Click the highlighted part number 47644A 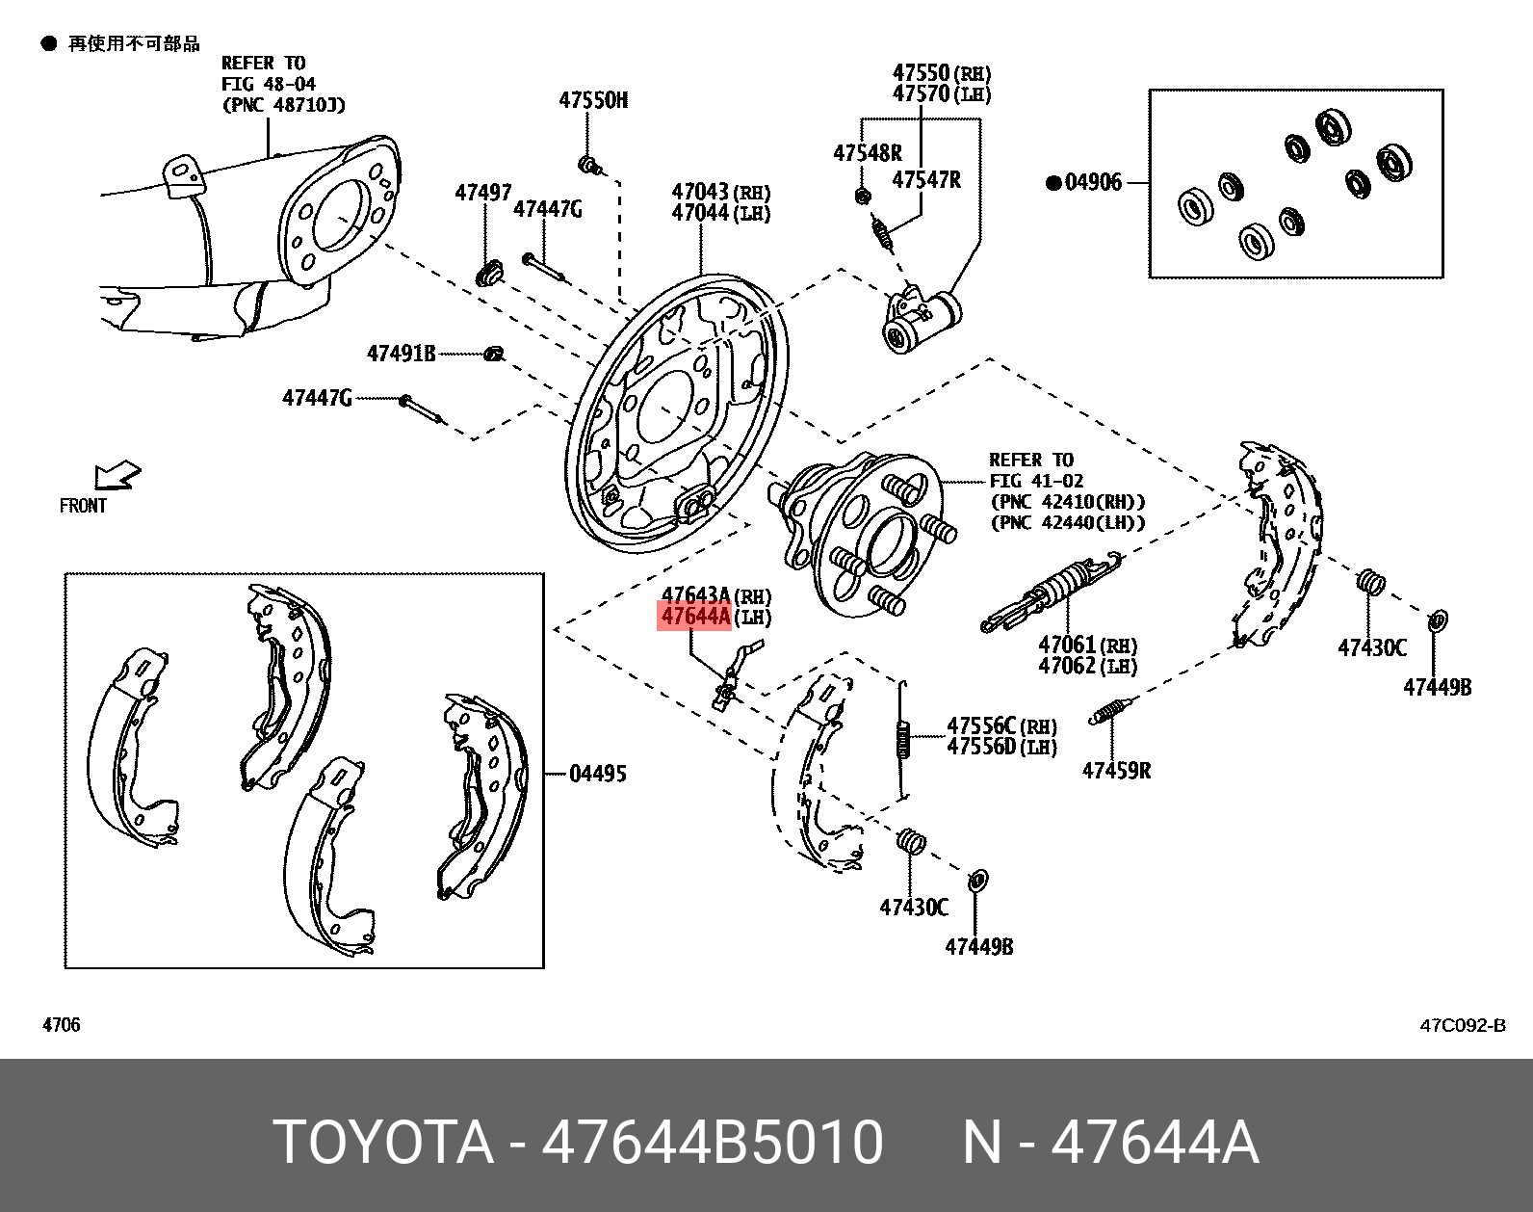coord(693,617)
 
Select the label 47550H coord(593,100)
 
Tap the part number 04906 coord(1093,182)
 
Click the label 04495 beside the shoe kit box coord(597,774)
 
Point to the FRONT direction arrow coord(117,477)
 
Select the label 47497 coord(483,194)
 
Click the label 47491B coord(402,354)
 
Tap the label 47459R coord(1116,771)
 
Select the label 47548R coord(867,153)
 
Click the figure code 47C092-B coord(1462,1026)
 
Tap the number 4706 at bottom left coord(62,1025)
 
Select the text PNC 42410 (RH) coord(1067,502)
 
